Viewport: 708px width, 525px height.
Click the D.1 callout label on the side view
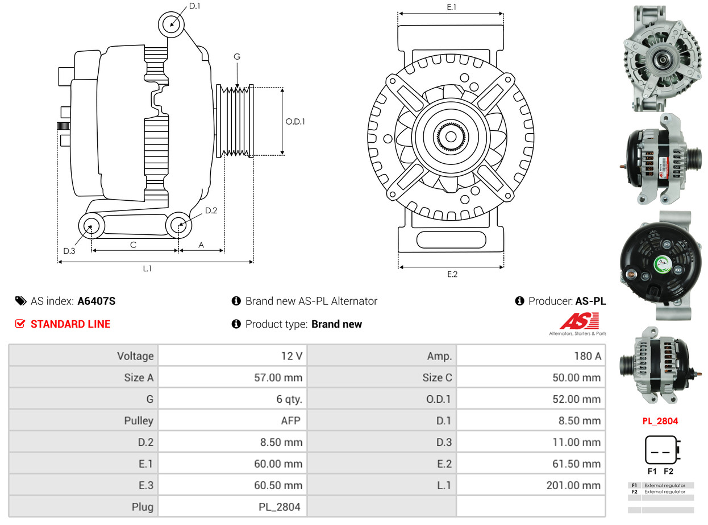[x=194, y=6]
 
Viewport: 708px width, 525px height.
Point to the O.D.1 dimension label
[x=295, y=121]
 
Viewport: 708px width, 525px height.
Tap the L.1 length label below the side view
[x=147, y=268]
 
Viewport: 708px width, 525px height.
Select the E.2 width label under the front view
[x=452, y=274]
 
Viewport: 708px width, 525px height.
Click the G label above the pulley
[x=237, y=57]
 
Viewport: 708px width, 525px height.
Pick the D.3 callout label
[x=69, y=251]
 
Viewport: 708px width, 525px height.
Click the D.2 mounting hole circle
[x=178, y=225]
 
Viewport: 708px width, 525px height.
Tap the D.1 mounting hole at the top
[x=171, y=24]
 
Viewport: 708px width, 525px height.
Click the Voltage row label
[x=135, y=356]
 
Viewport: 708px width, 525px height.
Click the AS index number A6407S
[x=96, y=301]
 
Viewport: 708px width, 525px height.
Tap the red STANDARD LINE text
[x=70, y=324]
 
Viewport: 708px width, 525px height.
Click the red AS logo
[x=578, y=322]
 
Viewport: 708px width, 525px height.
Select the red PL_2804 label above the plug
[x=660, y=421]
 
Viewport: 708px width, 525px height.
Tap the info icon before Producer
[x=519, y=301]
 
